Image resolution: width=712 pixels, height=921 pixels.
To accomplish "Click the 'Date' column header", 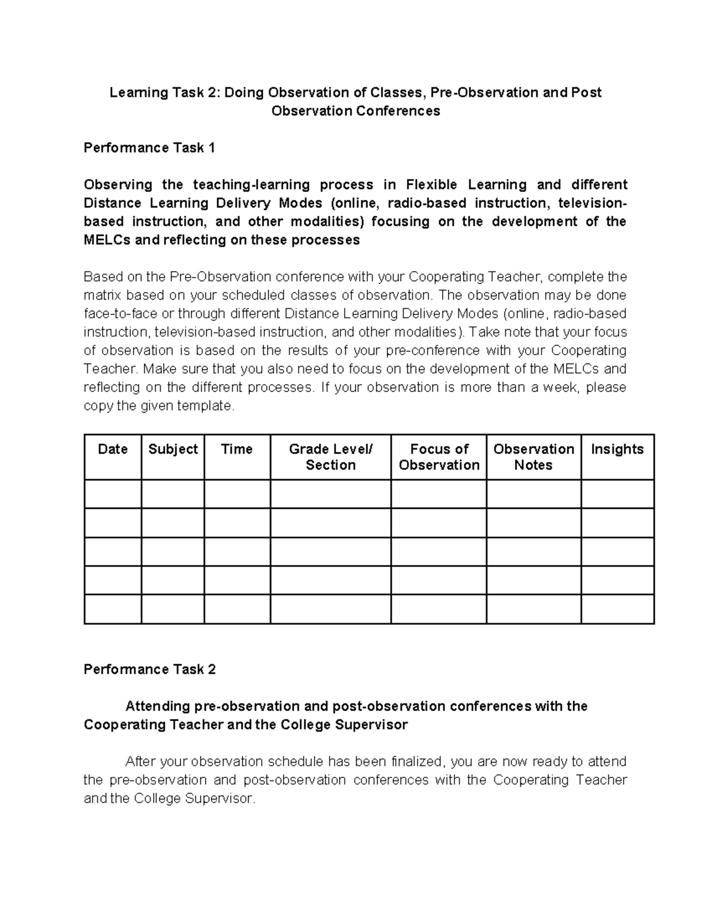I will coord(113,449).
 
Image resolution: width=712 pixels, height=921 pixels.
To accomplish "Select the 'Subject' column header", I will coord(173,449).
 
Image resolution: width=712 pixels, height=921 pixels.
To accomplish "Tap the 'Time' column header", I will coord(237,449).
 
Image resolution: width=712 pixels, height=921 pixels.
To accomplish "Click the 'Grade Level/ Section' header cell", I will coord(330,457).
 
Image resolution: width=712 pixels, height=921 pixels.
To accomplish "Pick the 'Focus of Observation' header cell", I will coord(439,457).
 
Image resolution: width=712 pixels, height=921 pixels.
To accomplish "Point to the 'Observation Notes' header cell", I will coord(533,457).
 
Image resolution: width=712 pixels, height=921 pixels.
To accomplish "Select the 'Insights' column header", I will coord(617,449).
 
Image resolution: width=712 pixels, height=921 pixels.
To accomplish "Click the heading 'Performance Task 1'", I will coord(149,148).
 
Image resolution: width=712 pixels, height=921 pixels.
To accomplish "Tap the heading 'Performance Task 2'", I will coord(150,670).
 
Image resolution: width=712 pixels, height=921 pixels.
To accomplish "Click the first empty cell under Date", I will coord(113,493).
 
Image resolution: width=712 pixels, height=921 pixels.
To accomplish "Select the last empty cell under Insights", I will coord(617,609).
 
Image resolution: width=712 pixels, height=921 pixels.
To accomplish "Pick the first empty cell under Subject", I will coord(173,493).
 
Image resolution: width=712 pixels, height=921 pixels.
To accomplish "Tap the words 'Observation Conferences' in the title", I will coord(355,111).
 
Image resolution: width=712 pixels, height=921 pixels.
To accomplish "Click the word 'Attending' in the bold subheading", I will coord(157,706).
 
